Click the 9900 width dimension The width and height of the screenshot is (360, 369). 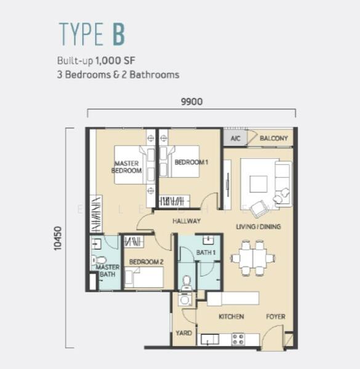coord(191,101)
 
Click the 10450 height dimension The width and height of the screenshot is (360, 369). coord(58,238)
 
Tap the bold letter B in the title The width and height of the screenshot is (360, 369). coord(118,34)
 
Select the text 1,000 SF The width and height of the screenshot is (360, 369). coord(115,61)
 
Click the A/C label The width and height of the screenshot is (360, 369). coord(235,138)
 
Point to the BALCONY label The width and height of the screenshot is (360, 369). coord(274,138)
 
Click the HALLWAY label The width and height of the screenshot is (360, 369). coord(186,221)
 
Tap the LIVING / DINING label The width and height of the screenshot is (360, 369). coord(258,226)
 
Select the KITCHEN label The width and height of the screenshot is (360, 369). coord(231,317)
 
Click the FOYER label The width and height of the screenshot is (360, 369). coord(276,317)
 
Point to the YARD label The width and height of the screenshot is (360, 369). coord(183,333)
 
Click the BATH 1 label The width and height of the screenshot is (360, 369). coord(206,253)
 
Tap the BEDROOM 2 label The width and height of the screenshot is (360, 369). coord(146,262)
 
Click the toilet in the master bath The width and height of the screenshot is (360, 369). coord(98,260)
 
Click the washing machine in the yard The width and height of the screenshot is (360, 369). coord(185,300)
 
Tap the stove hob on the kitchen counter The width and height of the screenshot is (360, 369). coord(238,339)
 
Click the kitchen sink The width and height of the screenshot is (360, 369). coord(210,339)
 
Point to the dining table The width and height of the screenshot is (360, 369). coord(253,258)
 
